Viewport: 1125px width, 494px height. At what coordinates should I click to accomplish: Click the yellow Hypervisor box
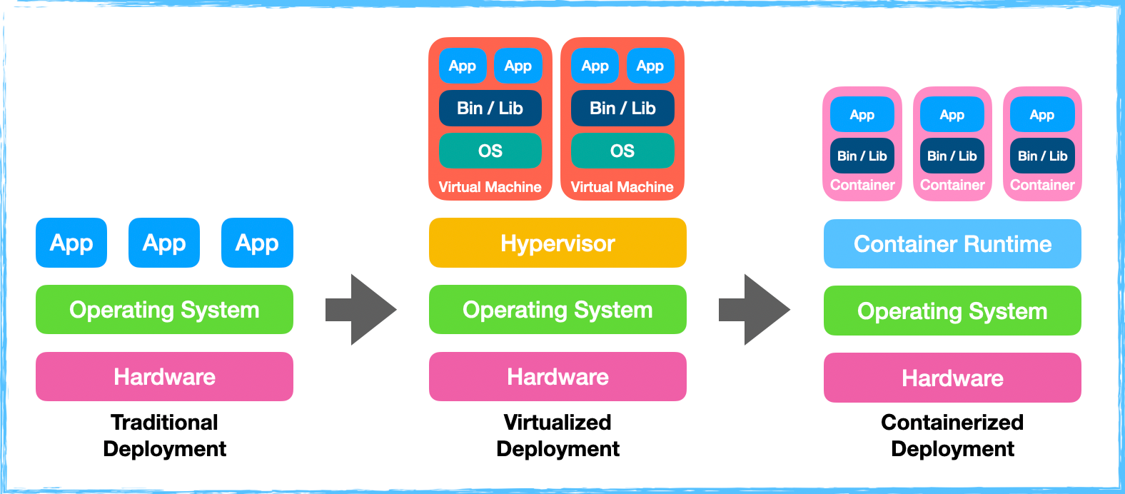point(558,243)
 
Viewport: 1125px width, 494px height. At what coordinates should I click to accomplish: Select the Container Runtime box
point(952,244)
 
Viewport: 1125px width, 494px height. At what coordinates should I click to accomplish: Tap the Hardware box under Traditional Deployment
point(164,376)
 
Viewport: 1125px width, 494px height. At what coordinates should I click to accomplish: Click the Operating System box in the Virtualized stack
point(558,310)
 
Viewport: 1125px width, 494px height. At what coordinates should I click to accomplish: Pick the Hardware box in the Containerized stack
point(952,378)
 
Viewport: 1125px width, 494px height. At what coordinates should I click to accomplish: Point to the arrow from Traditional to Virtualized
point(361,310)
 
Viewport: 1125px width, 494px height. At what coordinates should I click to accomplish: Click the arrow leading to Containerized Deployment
point(755,310)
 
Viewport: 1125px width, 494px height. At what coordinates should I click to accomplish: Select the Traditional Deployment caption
point(164,435)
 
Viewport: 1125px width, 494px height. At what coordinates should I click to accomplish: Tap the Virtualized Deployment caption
point(558,435)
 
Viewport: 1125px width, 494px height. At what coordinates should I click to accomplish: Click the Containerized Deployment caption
point(952,435)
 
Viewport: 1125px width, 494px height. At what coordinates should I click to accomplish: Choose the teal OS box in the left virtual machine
point(490,151)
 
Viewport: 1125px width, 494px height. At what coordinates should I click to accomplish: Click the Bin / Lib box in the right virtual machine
point(622,108)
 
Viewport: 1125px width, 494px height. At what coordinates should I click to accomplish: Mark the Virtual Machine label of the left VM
point(490,187)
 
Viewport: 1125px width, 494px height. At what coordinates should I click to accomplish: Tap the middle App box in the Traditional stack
point(164,243)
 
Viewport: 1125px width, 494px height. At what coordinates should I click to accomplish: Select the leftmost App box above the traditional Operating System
point(71,243)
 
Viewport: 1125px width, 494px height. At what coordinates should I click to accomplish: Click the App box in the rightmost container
point(1042,115)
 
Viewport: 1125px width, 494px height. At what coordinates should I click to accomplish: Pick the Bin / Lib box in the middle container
point(952,156)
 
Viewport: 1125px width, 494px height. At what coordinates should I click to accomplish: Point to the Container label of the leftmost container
point(862,185)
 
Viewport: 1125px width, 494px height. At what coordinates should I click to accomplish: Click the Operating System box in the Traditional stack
point(164,310)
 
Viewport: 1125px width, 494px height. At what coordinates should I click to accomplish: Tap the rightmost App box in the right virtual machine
point(650,66)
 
